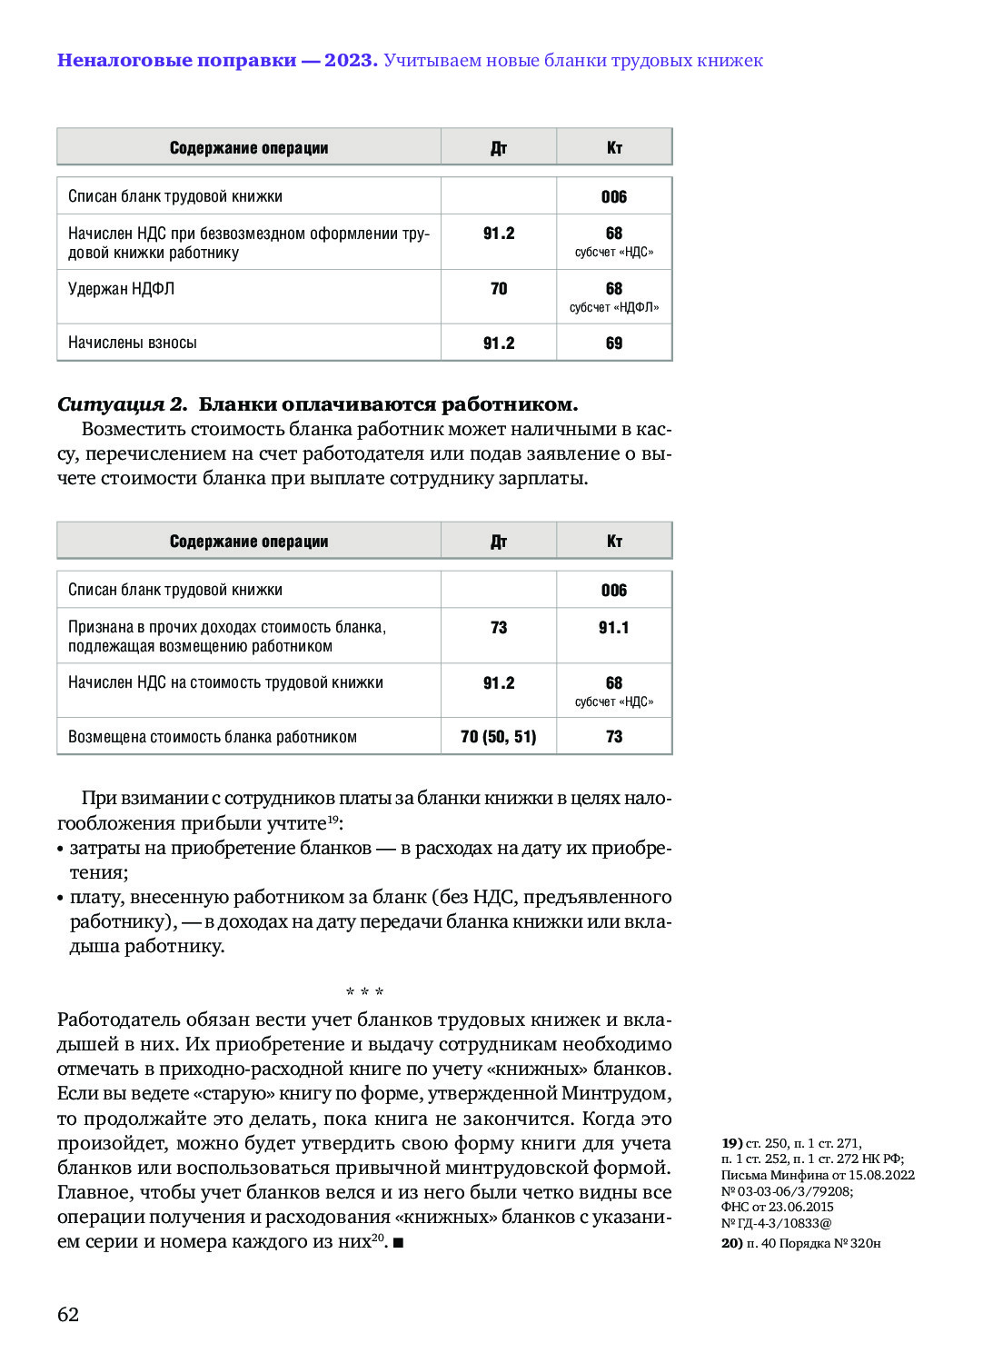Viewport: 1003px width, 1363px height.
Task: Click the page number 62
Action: (68, 1315)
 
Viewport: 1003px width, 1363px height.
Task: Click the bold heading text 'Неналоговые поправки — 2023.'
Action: (217, 61)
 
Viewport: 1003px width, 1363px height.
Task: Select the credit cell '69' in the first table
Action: (614, 343)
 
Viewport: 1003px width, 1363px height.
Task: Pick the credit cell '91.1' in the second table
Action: (614, 628)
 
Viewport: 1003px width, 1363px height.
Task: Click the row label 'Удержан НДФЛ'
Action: (122, 289)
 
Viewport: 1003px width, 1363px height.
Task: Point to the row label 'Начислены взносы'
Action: (133, 343)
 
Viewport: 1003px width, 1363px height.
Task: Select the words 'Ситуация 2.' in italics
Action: (122, 404)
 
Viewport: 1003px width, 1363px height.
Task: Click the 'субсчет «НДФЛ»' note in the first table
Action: (614, 308)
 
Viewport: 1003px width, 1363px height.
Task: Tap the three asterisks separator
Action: (364, 992)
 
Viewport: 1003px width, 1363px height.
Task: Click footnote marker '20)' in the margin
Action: (731, 1243)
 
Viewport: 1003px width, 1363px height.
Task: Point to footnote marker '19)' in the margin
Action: (731, 1143)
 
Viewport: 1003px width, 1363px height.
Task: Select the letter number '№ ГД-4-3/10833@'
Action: (777, 1223)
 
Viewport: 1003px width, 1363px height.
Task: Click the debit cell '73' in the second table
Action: (499, 628)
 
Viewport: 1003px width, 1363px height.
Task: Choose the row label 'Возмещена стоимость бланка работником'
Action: (213, 737)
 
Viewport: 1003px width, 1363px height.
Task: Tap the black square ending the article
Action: (399, 1242)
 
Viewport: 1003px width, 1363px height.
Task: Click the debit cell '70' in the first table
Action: (499, 289)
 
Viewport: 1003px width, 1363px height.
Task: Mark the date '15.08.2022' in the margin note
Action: (881, 1175)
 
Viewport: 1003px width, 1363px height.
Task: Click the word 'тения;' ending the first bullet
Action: (99, 873)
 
